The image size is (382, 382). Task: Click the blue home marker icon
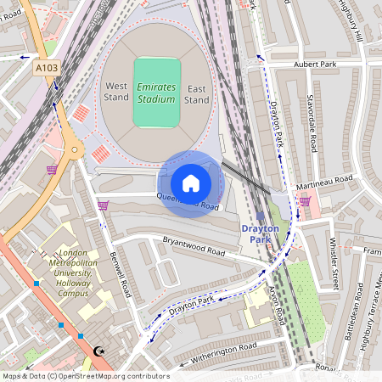[191, 183]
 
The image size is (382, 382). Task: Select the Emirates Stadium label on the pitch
[156, 93]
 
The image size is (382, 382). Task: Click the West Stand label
[116, 93]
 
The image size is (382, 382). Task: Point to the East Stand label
[197, 93]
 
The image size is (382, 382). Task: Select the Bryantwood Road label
[194, 247]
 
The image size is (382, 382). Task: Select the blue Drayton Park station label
[260, 233]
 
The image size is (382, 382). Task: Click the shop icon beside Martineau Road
[304, 200]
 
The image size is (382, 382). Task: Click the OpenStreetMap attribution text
[85, 376]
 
